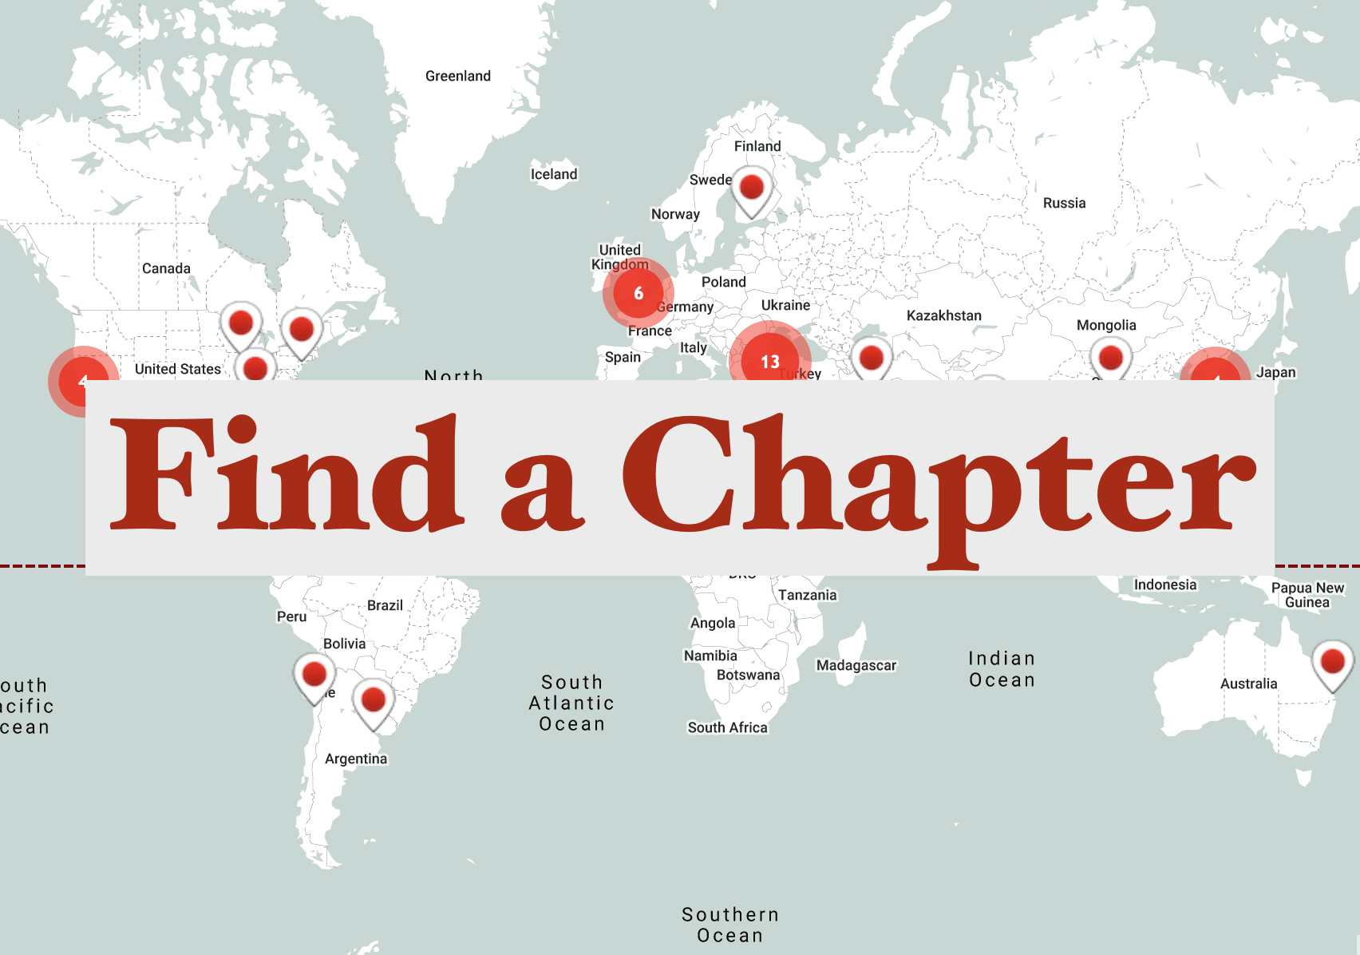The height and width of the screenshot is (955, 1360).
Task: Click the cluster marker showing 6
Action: coord(638,293)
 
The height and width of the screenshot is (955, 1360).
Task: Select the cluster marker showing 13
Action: coord(769,361)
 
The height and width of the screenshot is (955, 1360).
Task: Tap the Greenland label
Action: coord(458,76)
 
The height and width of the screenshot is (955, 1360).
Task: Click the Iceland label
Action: coord(554,174)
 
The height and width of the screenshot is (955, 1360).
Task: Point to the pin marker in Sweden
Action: coord(752,189)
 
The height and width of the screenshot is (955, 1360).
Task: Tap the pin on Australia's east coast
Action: coord(1333,664)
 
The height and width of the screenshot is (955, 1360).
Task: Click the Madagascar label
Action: coord(856,665)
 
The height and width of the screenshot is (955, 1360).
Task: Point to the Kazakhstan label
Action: coord(944,315)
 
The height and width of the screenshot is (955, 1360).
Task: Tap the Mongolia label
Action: coord(1106,325)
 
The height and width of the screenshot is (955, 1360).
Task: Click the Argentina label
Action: coord(356,759)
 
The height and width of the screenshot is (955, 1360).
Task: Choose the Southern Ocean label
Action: coord(730,925)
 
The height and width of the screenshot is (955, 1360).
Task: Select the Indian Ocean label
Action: coord(1002,669)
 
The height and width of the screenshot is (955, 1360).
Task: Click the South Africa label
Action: coord(728,727)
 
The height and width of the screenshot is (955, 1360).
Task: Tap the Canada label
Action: coord(166,268)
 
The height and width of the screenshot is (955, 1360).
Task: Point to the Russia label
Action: coord(1065,203)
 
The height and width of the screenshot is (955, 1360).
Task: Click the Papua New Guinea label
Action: coord(1307,595)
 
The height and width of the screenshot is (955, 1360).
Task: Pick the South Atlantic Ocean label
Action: coord(571,703)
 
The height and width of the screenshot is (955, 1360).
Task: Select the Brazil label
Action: coord(385,605)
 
